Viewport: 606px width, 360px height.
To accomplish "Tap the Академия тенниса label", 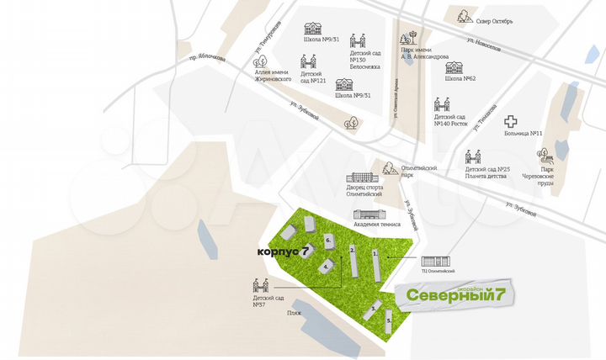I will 376,225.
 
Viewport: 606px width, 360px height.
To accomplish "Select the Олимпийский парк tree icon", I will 390,168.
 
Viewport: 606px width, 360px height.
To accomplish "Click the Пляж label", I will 294,312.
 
